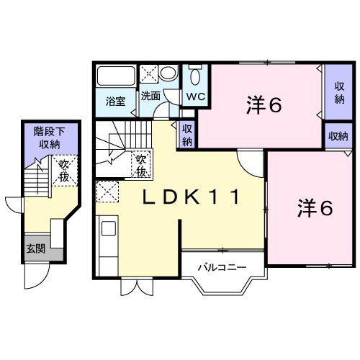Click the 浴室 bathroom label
point(116,102)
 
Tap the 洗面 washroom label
point(150,96)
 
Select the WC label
point(194,96)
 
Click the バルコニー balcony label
point(222,267)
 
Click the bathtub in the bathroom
point(116,76)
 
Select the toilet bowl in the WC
point(194,76)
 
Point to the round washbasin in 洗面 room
point(168,74)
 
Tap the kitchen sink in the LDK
point(108,229)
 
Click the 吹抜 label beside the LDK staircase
point(141,166)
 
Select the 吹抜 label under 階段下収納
point(65,170)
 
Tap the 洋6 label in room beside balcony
point(315,208)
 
